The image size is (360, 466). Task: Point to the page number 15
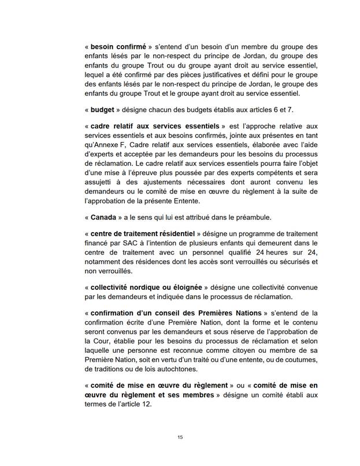pos(180,437)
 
